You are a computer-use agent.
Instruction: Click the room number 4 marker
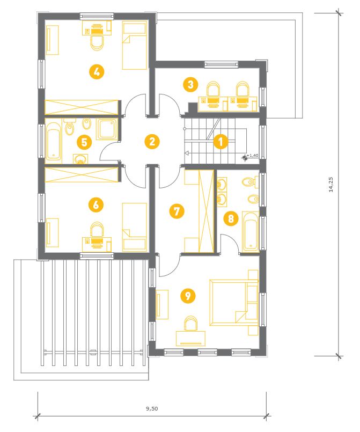(x=97, y=72)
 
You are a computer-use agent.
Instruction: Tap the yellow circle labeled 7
(x=177, y=211)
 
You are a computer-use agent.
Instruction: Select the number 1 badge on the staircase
(x=221, y=142)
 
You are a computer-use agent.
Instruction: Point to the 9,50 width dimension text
(x=152, y=408)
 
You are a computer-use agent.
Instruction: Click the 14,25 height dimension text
(x=331, y=184)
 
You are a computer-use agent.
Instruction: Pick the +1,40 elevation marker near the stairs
(x=251, y=156)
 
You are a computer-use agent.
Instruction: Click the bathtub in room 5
(x=54, y=142)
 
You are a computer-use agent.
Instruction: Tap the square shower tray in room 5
(x=107, y=129)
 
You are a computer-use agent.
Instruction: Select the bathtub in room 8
(x=251, y=232)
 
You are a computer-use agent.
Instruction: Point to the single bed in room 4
(x=135, y=46)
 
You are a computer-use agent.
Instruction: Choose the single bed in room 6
(x=135, y=227)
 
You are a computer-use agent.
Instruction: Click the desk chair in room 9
(x=191, y=323)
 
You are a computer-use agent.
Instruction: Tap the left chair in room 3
(x=214, y=89)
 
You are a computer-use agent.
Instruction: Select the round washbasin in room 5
(x=80, y=159)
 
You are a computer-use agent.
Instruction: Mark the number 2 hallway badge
(x=152, y=142)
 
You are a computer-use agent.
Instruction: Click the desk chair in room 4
(x=97, y=43)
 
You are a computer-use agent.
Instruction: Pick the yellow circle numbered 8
(x=231, y=218)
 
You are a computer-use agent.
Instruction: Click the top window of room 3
(x=221, y=65)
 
